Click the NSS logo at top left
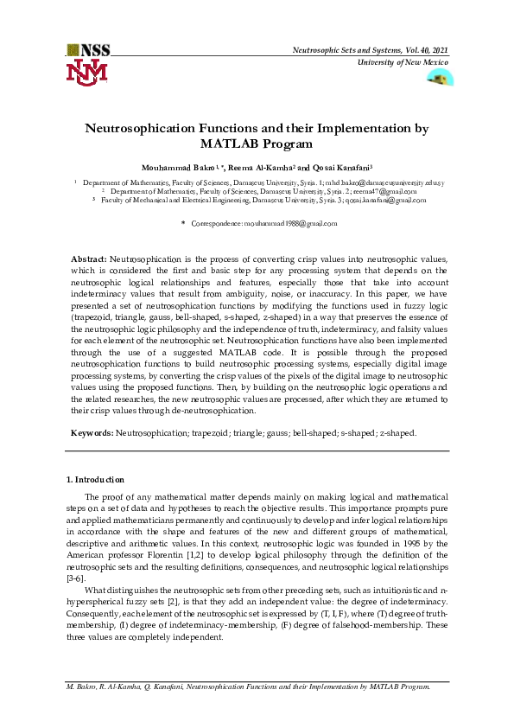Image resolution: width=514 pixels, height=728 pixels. click(87, 50)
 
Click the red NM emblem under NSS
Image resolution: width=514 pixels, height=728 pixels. click(87, 72)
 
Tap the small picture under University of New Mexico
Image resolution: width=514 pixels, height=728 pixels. click(441, 78)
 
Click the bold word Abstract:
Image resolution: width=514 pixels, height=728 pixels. click(88, 259)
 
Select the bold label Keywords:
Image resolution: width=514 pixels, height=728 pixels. click(92, 432)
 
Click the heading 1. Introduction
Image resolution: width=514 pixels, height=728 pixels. click(95, 479)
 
